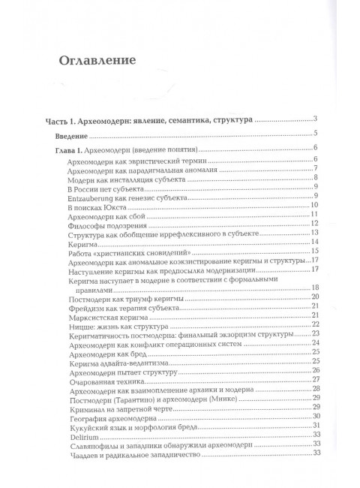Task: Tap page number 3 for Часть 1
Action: coord(318,119)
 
